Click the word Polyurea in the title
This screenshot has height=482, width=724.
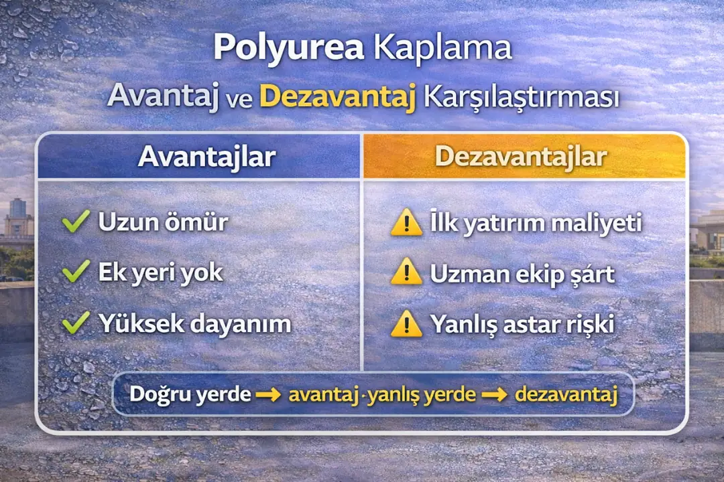289,49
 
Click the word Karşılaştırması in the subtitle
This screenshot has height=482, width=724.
520,98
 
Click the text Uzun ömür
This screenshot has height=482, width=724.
163,222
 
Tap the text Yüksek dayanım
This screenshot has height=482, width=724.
194,324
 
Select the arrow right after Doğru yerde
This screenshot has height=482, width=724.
268,394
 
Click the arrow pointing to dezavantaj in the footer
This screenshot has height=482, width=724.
495,394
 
